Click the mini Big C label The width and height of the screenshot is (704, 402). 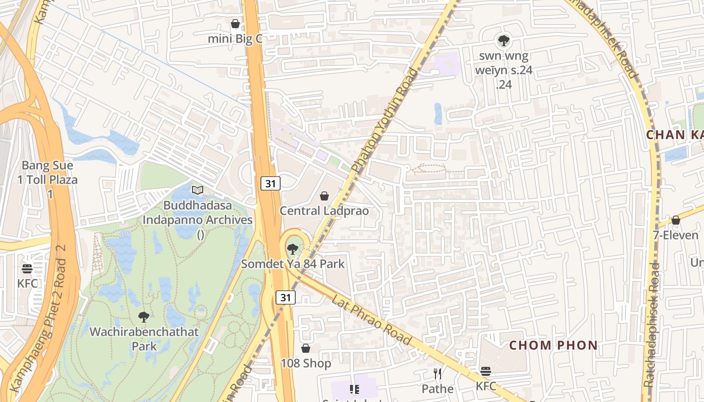(235, 39)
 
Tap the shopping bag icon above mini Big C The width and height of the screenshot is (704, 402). (235, 24)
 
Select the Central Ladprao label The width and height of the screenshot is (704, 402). (324, 211)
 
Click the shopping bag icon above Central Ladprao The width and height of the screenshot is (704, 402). (324, 196)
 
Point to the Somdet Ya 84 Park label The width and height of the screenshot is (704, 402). (293, 263)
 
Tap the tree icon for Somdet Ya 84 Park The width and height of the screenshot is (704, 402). (292, 249)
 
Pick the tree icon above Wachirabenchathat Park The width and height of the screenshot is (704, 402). (144, 317)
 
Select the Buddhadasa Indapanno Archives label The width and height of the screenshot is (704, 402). (198, 213)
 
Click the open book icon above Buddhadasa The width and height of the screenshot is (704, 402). (198, 190)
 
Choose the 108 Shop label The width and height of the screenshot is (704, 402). (306, 363)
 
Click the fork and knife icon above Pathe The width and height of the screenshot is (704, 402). (437, 373)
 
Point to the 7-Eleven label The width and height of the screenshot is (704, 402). (675, 235)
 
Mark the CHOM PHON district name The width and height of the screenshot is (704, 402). (553, 346)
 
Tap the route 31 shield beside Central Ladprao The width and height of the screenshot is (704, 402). (271, 183)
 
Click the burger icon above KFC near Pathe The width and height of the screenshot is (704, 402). (486, 371)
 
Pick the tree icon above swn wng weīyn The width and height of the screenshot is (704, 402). (503, 41)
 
